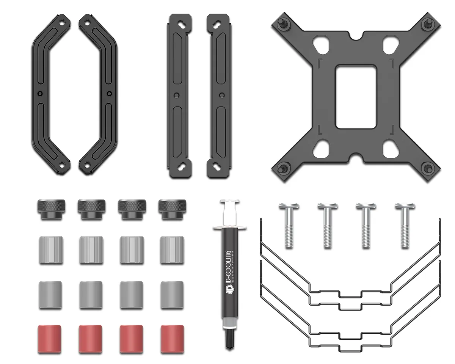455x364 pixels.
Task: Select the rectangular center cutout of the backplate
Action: tap(356, 97)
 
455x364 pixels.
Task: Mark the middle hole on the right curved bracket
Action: tap(109, 94)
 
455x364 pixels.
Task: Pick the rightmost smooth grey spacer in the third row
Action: tap(172, 295)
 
